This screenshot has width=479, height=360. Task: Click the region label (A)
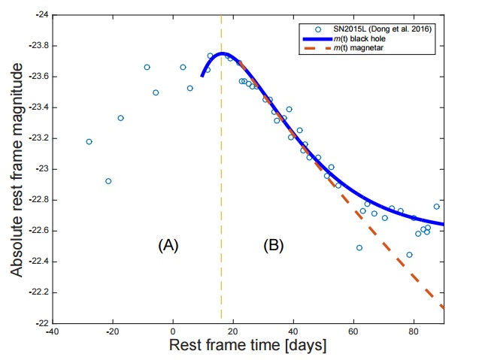(x=167, y=245)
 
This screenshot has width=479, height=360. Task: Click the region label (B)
(x=272, y=245)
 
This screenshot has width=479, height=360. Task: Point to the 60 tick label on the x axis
(x=353, y=331)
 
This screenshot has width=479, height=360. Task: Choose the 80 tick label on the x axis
(x=413, y=331)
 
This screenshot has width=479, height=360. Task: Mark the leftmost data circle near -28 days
(x=89, y=141)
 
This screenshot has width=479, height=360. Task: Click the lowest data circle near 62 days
(x=359, y=248)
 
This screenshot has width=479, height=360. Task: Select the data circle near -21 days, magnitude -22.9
(x=108, y=181)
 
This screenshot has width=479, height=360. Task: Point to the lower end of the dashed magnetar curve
(x=442, y=307)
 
